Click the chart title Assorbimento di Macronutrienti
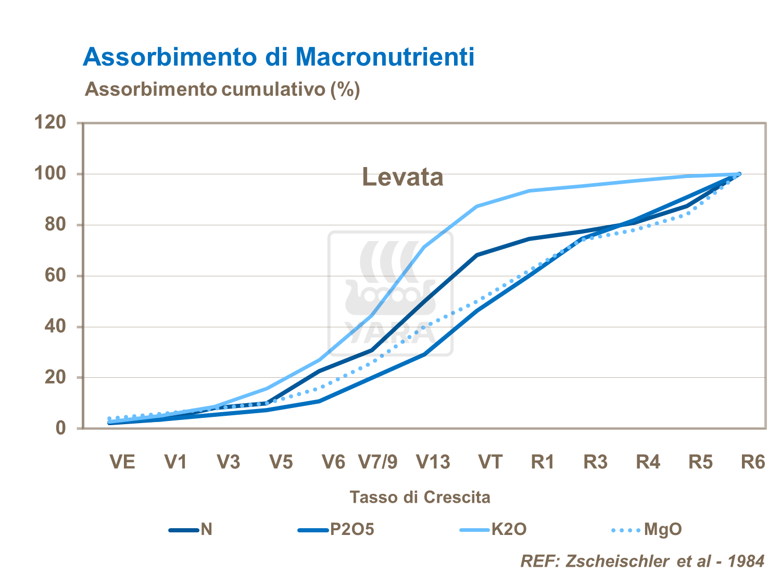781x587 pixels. pos(279,57)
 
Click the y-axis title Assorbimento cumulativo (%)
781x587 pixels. pos(222,90)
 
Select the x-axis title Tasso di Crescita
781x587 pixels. pos(420,497)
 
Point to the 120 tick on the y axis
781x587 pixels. pos(50,123)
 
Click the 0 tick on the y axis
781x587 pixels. pos(61,428)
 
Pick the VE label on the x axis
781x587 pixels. pos(122,462)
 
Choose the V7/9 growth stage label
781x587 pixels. pos(378,462)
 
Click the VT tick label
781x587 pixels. pos(490,462)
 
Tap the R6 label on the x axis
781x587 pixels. pos(753,462)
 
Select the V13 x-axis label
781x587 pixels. pos(433,462)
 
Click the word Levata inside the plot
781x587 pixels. pos(402,177)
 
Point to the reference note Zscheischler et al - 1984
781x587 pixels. pos(643,561)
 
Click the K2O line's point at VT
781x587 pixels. pos(477,207)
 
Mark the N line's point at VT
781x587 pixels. pos(477,255)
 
